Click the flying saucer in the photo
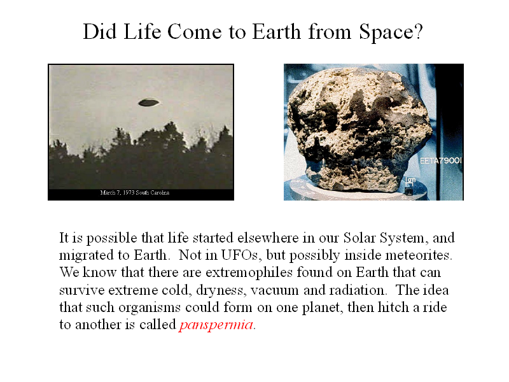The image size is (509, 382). tap(149, 103)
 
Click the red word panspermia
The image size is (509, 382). tap(216, 325)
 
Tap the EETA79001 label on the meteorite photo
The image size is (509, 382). tap(440, 160)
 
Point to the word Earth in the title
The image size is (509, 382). tap(276, 32)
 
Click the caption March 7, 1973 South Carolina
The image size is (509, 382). tap(135, 193)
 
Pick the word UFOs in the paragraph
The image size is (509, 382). tap(241, 255)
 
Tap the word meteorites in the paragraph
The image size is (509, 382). tap(418, 255)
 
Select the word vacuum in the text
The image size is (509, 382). tap(274, 290)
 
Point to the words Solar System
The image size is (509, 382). tap(384, 238)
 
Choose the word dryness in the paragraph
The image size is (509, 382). tap(220, 290)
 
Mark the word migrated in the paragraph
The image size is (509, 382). tap(86, 256)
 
